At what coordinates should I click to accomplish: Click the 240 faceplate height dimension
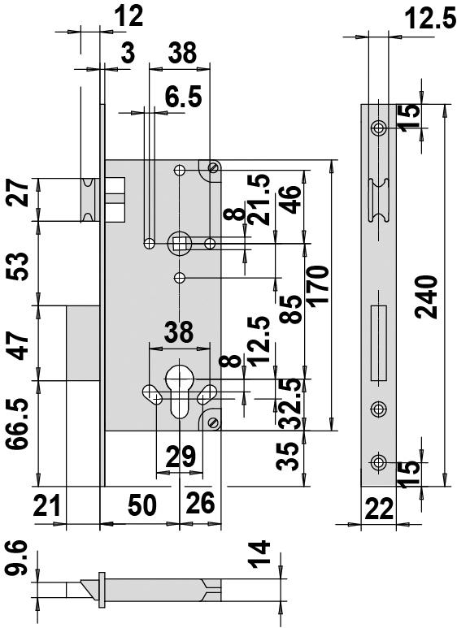[426, 297]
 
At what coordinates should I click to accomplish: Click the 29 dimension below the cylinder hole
[181, 457]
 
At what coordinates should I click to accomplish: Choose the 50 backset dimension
[142, 505]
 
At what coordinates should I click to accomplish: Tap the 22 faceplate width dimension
[379, 509]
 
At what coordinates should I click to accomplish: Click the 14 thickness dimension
[259, 554]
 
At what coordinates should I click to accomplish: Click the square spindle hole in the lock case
[179, 243]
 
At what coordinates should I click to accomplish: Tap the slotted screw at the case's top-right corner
[213, 167]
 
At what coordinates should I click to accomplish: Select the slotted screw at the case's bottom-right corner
[213, 422]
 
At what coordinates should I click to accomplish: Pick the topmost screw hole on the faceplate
[378, 128]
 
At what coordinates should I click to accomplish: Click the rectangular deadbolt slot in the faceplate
[379, 343]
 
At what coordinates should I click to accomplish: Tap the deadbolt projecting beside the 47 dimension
[82, 343]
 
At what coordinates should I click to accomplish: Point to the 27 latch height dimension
[18, 193]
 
